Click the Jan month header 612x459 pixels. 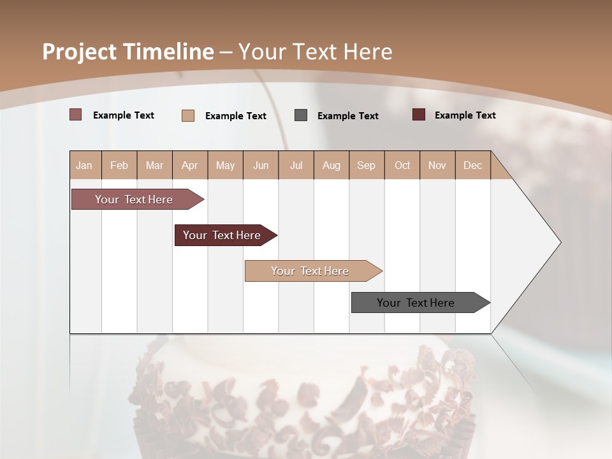pos(84,166)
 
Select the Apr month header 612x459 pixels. pos(190,166)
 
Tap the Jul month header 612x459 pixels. pos(296,166)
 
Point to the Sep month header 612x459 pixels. pos(366,166)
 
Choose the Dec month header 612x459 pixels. pos(472,166)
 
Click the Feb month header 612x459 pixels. pos(119,166)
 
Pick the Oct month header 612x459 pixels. pos(402,166)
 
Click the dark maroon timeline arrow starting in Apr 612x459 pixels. pos(223,235)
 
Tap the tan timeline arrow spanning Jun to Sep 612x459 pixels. pos(311,271)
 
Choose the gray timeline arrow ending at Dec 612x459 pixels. pos(418,303)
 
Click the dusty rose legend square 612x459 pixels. pos(76,115)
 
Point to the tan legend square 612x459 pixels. pos(188,115)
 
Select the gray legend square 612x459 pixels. pos(301,115)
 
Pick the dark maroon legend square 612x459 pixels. pos(419,115)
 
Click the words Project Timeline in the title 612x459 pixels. pos(127,52)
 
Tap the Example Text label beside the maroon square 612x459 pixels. pos(465,115)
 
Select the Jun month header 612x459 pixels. pos(261,166)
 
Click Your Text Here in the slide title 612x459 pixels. pos(316,52)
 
